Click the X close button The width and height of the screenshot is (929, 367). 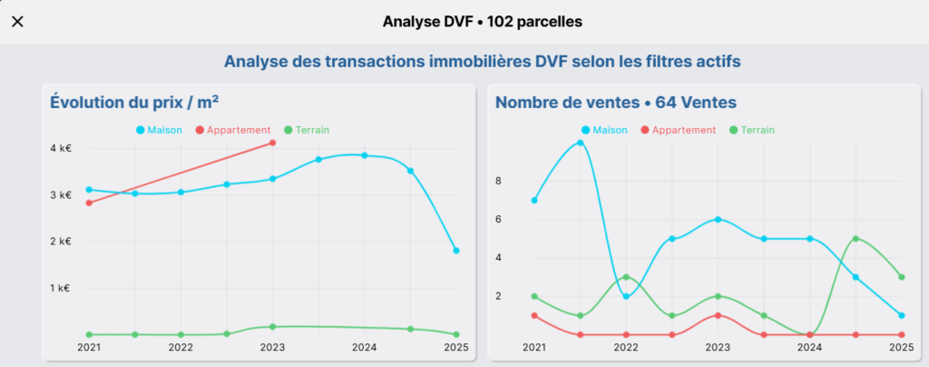click(x=17, y=22)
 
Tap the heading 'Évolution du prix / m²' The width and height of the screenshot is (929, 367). click(x=134, y=103)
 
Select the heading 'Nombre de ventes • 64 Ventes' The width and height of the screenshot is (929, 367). click(x=615, y=103)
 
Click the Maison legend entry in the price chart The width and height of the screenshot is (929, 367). click(x=159, y=130)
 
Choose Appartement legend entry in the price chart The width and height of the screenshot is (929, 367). click(x=233, y=130)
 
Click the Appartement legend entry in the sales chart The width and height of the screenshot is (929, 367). click(x=679, y=130)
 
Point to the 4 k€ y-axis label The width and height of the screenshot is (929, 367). click(x=60, y=148)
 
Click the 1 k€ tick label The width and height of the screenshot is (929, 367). click(x=60, y=288)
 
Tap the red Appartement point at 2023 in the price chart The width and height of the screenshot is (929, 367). click(x=273, y=143)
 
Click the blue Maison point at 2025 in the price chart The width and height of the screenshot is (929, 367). click(x=456, y=251)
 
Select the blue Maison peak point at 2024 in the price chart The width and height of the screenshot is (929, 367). click(x=365, y=155)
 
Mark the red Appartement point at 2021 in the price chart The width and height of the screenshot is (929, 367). click(x=89, y=203)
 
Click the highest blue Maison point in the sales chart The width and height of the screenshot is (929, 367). click(x=580, y=143)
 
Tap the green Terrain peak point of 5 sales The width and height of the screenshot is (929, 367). click(x=855, y=239)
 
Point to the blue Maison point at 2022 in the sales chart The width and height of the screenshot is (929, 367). click(x=626, y=296)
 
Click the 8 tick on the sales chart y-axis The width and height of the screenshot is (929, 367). click(x=523, y=181)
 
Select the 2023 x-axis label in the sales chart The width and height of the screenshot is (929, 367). click(x=718, y=347)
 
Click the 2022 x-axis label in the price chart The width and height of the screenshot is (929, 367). click(x=181, y=347)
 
